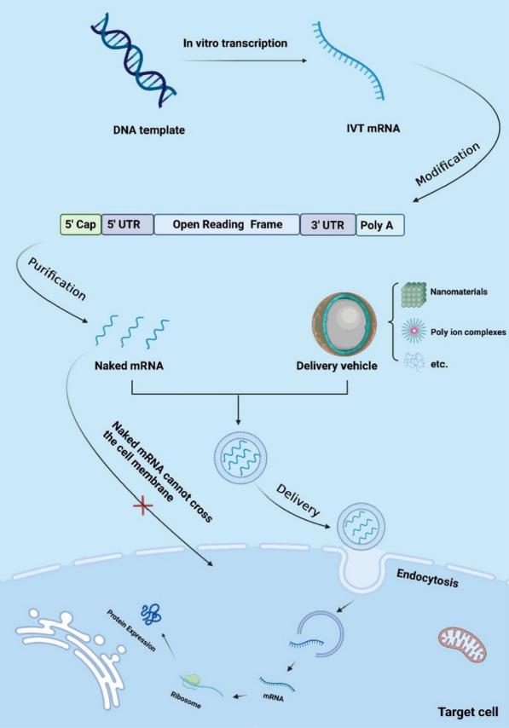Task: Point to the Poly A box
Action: [x=379, y=225]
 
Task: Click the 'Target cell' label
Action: [x=460, y=708]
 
